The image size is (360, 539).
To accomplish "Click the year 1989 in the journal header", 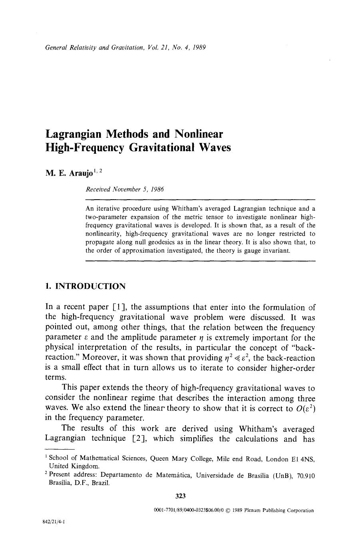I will point(199,48).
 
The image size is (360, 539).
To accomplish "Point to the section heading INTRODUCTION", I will point(90,286).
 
